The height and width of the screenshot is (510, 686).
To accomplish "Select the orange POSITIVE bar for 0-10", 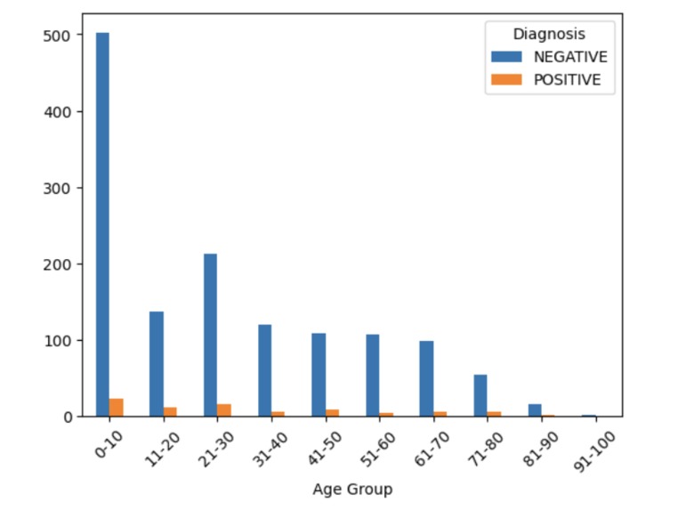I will click(117, 408).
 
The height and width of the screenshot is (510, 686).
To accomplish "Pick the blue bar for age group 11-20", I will click(157, 364).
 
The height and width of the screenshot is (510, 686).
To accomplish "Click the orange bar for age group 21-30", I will click(224, 410).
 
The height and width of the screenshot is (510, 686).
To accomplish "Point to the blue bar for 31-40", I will click(264, 370).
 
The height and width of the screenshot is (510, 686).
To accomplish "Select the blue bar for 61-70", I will click(426, 378).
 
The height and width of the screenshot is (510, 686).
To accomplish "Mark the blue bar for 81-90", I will click(535, 410).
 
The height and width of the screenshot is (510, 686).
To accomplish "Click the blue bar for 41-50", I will click(319, 375).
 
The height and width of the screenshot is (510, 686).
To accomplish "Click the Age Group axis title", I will click(352, 489).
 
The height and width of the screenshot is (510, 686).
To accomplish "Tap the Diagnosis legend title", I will click(549, 34).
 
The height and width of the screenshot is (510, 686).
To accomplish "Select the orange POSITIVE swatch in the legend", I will click(506, 80).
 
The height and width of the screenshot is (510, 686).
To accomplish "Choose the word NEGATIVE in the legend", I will click(570, 57).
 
